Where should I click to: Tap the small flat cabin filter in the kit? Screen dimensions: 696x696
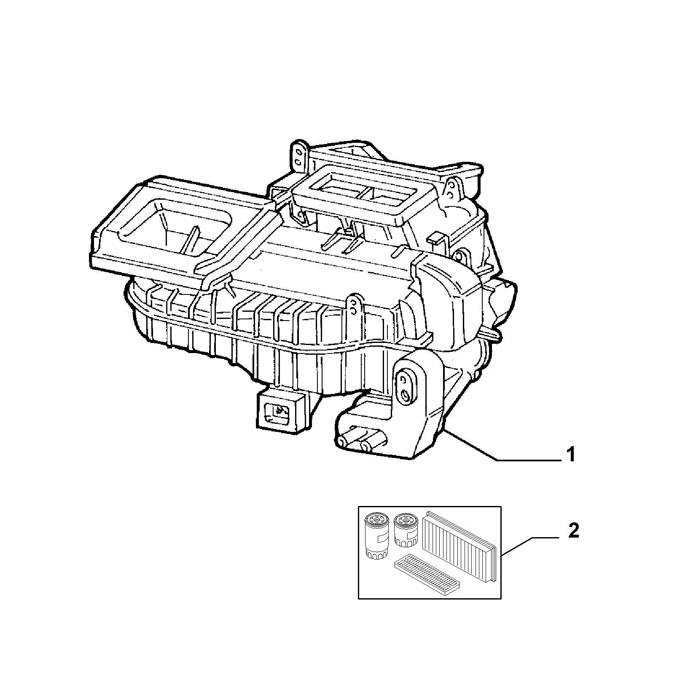(427, 575)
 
